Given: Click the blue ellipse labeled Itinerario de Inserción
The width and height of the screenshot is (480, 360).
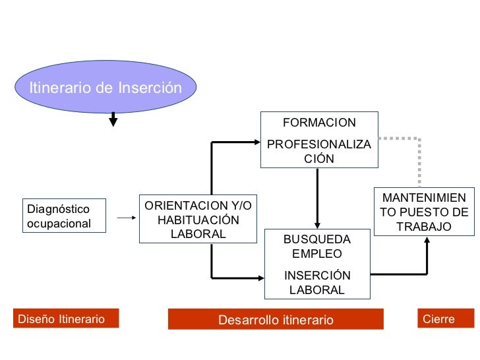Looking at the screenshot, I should point(105,87).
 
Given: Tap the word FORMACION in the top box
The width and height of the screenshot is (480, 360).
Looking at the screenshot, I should point(319,123).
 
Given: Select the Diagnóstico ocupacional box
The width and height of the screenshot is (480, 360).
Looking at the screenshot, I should point(65,216).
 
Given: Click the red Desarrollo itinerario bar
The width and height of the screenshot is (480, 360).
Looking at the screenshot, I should point(276,320).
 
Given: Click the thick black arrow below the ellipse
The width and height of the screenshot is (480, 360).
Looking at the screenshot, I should point(113,119).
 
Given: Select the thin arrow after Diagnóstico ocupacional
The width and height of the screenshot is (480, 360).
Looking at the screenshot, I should point(125,216).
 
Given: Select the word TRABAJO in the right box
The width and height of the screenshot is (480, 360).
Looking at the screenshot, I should point(424,227).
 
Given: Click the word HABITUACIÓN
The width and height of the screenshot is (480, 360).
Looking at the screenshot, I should point(198,220).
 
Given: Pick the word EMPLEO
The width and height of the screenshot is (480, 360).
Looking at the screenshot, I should point(317,254).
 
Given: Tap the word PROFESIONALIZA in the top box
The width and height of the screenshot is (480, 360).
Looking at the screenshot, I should point(319,144).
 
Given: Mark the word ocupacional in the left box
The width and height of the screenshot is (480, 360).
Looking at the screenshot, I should point(59,223).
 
